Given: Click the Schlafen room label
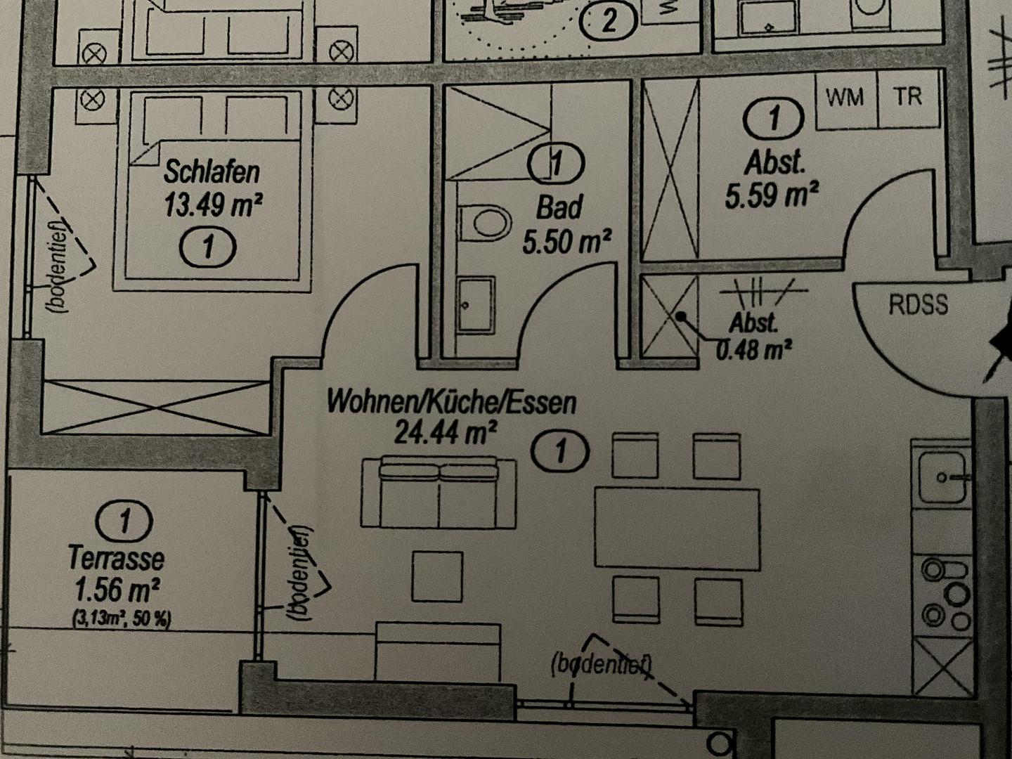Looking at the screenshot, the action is [x=212, y=172].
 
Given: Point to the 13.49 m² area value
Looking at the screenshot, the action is [x=214, y=205].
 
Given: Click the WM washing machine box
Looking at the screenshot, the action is [x=846, y=98].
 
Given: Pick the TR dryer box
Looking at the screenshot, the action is [x=908, y=98].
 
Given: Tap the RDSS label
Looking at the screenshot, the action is [x=919, y=304].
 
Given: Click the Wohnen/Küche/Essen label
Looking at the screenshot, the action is [x=451, y=403].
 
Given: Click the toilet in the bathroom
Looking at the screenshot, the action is [x=484, y=223].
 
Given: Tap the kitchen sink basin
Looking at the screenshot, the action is [x=942, y=477].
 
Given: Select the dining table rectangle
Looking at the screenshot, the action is [x=677, y=528].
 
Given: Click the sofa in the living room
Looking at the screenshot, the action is [x=439, y=492].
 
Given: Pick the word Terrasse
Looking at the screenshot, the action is [x=116, y=558].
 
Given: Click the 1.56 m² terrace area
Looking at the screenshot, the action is [x=117, y=590].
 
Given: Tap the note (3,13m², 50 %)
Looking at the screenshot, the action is [x=122, y=619].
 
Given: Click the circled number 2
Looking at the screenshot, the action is [x=609, y=20].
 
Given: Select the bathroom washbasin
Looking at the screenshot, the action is [x=476, y=304].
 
